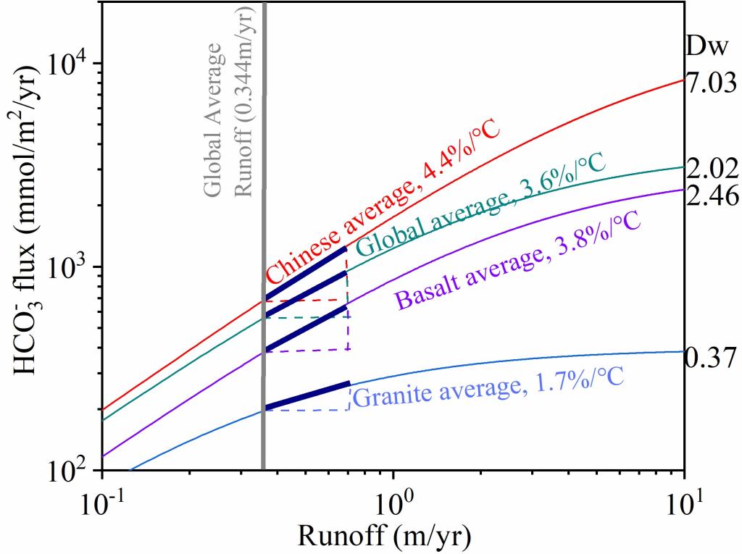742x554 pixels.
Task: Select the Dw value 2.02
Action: tap(712, 169)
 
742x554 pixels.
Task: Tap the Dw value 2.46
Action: tap(712, 196)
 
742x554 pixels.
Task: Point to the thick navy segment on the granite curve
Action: tap(307, 395)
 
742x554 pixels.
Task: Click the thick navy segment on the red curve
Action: tap(306, 273)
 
